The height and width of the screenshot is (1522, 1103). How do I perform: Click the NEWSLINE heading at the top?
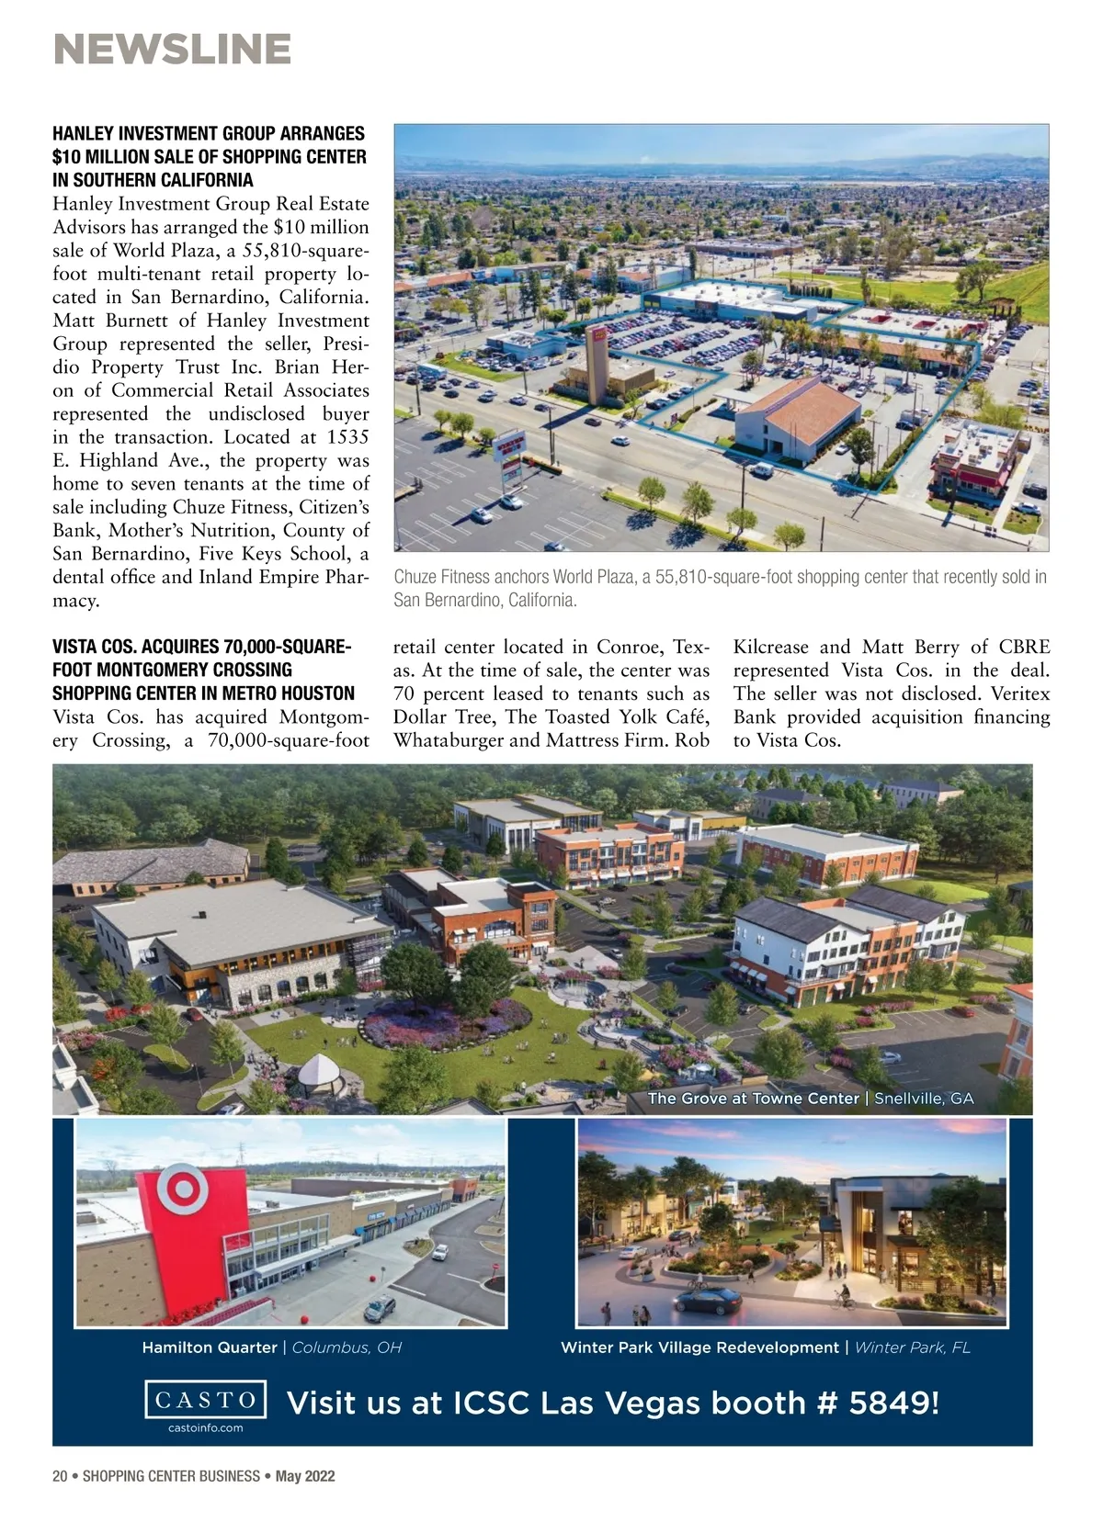[173, 50]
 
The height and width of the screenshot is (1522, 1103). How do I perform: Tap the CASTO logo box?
[206, 1399]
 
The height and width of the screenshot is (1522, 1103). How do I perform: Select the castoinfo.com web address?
[206, 1427]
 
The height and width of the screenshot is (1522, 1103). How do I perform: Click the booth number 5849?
[888, 1403]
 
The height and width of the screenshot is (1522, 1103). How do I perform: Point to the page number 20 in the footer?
[60, 1476]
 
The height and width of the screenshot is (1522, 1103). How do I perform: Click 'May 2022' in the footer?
[305, 1476]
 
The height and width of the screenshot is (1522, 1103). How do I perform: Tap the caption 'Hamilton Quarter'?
[210, 1347]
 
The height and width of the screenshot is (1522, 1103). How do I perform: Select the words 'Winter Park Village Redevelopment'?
[699, 1347]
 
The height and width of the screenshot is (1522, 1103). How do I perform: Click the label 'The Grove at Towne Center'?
[753, 1099]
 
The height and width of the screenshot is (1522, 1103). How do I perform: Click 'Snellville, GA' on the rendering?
[924, 1099]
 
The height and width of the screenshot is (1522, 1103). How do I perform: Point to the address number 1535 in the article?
[347, 437]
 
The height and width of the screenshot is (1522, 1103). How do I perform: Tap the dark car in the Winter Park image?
[708, 1300]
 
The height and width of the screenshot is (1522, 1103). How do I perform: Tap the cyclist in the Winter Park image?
[843, 1295]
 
